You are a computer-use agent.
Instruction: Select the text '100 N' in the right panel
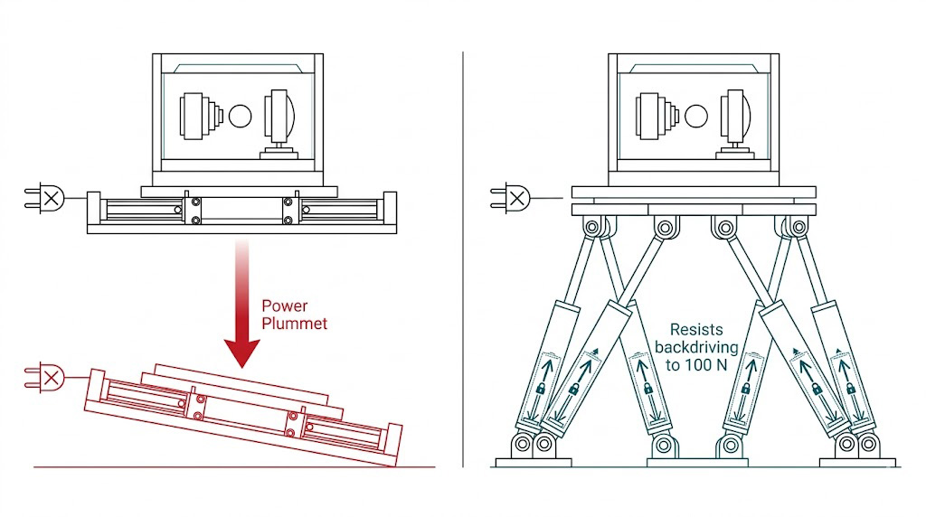[x=706, y=363]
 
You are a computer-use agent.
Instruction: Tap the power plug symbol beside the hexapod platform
[x=512, y=196]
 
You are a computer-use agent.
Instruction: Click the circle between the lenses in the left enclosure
[x=240, y=115]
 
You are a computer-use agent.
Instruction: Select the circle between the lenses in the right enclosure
[x=695, y=115]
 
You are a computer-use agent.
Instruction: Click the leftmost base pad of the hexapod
[x=534, y=462]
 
